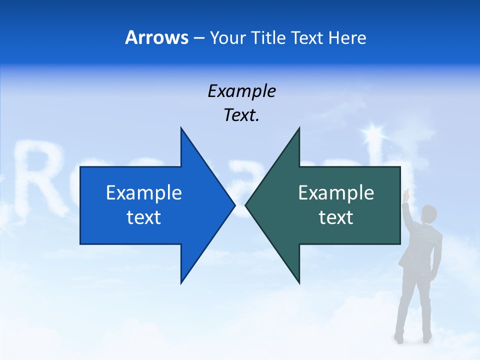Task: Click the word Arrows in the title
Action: [x=156, y=37]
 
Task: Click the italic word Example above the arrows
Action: [x=241, y=91]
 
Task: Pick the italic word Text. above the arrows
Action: [x=241, y=115]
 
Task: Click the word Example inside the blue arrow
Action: [x=144, y=193]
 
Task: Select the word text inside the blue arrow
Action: [x=144, y=217]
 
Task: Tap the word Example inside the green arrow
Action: [x=336, y=193]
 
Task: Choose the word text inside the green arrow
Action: [x=336, y=217]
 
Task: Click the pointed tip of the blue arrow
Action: [x=234, y=204]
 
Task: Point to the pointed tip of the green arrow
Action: [x=246, y=204]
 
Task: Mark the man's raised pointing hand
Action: [x=406, y=193]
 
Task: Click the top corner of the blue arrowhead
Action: [x=181, y=128]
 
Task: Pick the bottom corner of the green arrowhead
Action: [x=299, y=283]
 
